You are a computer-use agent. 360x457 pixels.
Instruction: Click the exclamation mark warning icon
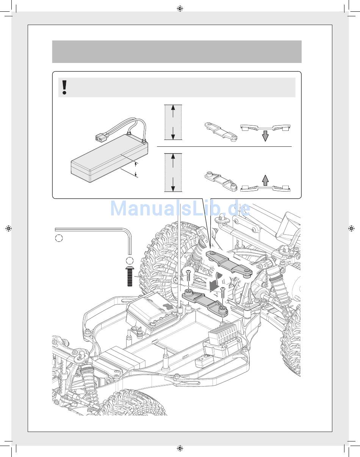click(64, 87)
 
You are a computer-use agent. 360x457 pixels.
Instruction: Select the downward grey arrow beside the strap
click(265, 136)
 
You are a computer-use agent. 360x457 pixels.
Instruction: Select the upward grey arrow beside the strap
click(265, 180)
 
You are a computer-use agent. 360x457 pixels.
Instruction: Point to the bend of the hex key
click(127, 232)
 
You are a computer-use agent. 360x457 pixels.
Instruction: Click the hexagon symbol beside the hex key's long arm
click(59, 238)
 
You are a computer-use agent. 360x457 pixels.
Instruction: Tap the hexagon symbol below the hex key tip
click(130, 260)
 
